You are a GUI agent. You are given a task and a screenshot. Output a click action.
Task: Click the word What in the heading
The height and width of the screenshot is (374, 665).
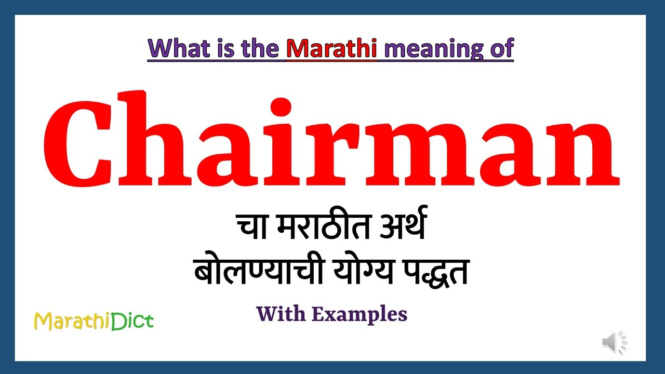coord(177,48)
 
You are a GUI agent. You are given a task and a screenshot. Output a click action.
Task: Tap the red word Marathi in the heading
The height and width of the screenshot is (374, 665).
coord(332,48)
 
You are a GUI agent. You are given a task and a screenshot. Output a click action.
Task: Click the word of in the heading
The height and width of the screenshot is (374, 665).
coord(501,48)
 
